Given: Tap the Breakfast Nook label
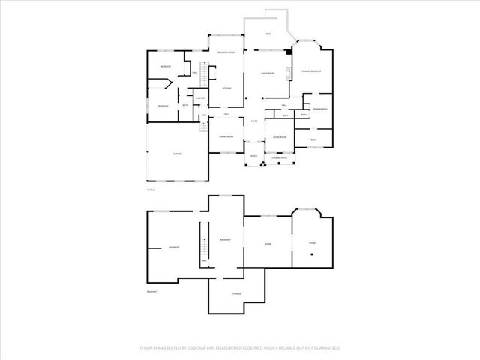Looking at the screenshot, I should coord(226,52).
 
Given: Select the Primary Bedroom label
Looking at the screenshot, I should coord(312,70).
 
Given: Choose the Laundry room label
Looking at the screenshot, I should coord(200,98).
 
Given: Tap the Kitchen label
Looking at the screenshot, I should coord(226,88).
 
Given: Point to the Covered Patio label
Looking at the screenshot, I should coord(279,157).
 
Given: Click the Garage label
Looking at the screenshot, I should coord(177,154).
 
